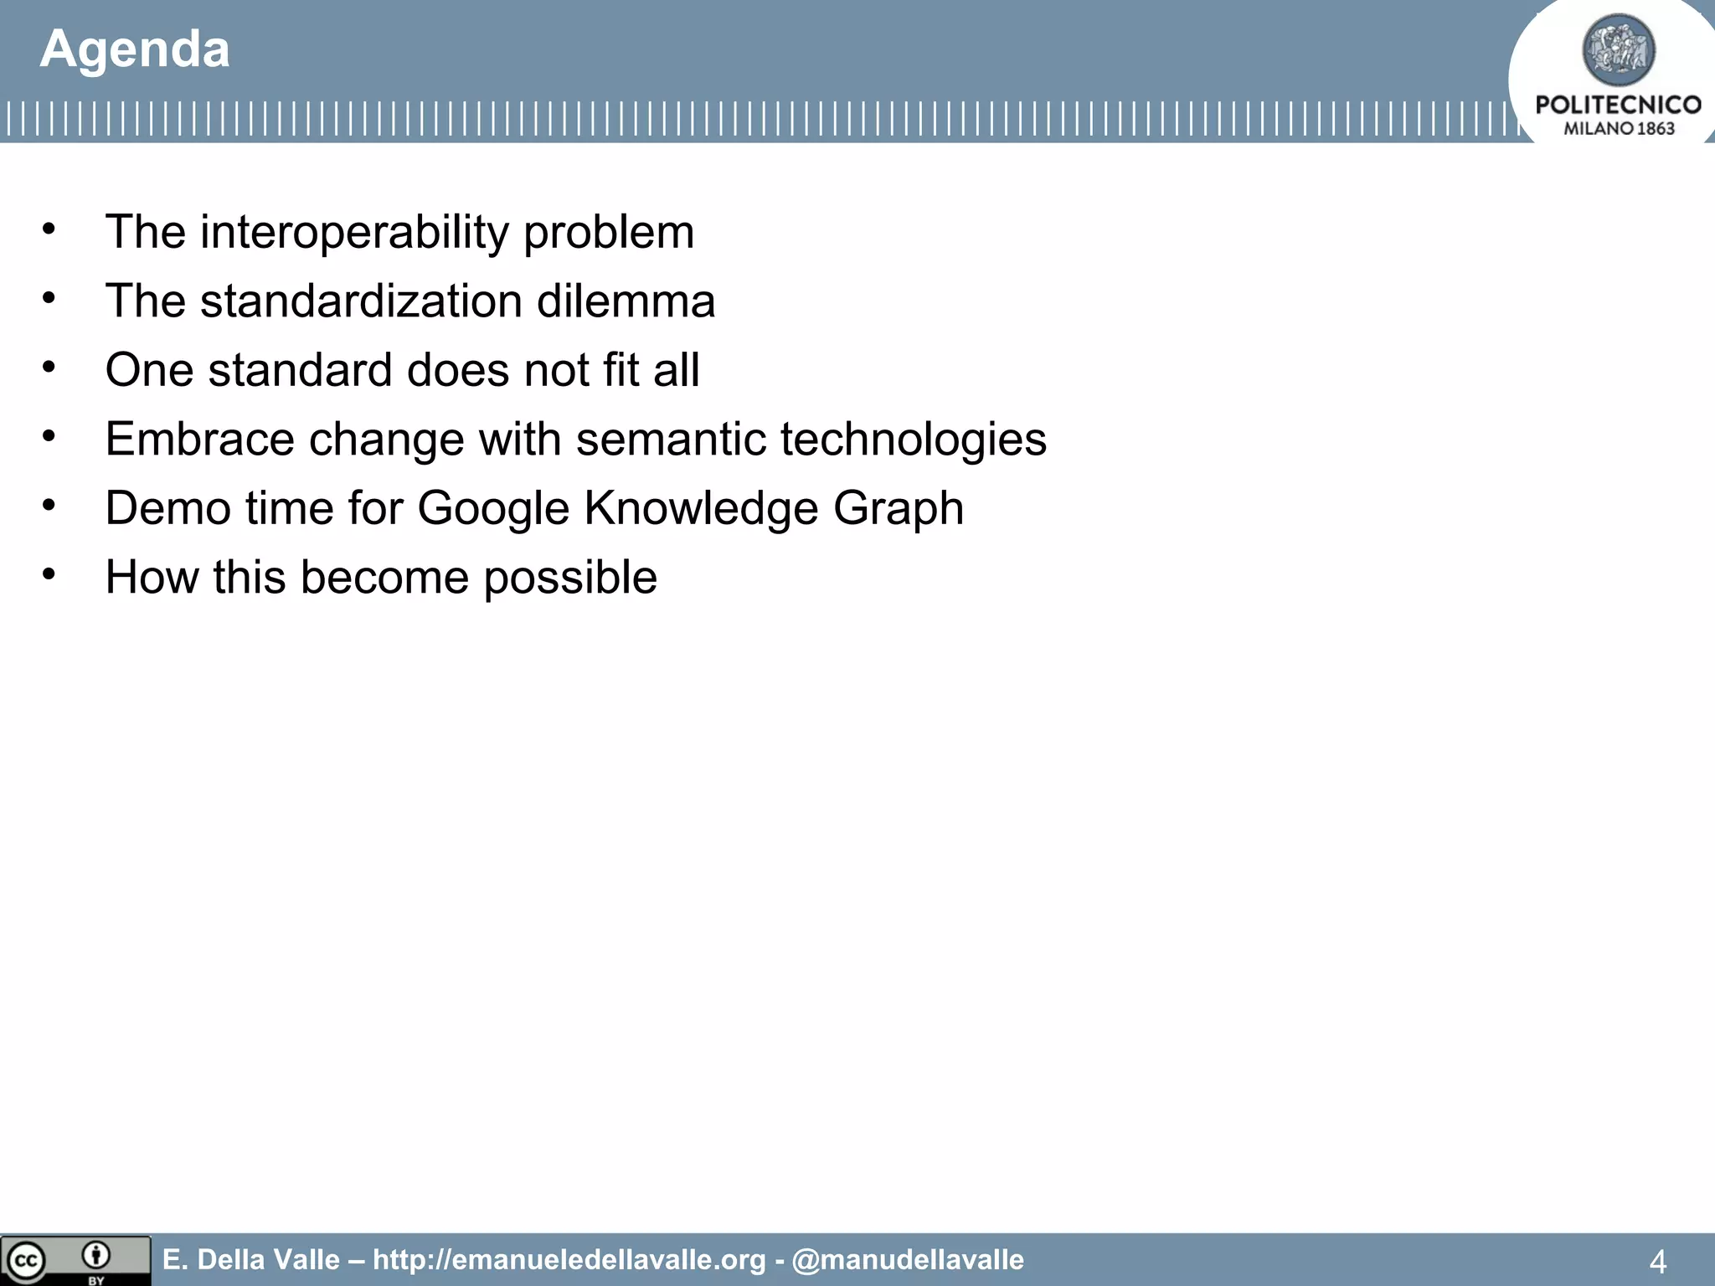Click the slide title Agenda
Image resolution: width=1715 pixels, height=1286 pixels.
134,49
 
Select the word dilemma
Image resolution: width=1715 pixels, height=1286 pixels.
626,301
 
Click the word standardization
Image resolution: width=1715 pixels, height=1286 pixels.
361,301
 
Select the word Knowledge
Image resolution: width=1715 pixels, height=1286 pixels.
700,508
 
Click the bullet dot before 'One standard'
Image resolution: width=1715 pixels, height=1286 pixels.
49,367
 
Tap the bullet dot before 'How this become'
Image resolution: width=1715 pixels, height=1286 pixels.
49,574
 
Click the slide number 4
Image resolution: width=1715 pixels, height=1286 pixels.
1657,1261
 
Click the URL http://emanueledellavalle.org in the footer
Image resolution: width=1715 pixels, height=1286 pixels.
569,1259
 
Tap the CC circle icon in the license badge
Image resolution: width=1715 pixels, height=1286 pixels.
25,1261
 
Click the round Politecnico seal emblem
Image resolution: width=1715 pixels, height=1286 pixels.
1618,50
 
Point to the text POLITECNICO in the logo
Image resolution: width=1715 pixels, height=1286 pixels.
1618,105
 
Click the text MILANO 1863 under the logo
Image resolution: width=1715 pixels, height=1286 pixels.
1618,129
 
